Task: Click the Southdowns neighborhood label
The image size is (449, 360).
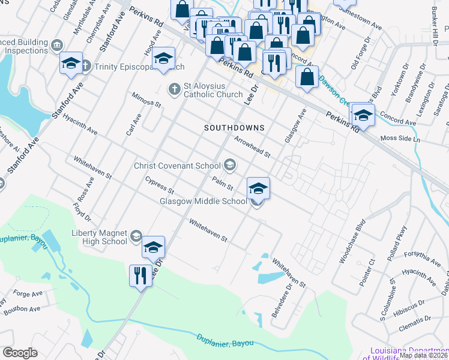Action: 234,128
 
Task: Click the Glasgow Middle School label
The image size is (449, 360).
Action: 203,202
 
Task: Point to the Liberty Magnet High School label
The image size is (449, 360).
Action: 100,237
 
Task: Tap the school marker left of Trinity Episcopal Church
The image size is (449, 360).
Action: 71,63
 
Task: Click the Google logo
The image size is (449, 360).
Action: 20,353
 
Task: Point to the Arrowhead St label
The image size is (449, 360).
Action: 253,145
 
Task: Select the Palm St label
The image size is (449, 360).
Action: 222,183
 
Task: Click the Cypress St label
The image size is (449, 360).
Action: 159,186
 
